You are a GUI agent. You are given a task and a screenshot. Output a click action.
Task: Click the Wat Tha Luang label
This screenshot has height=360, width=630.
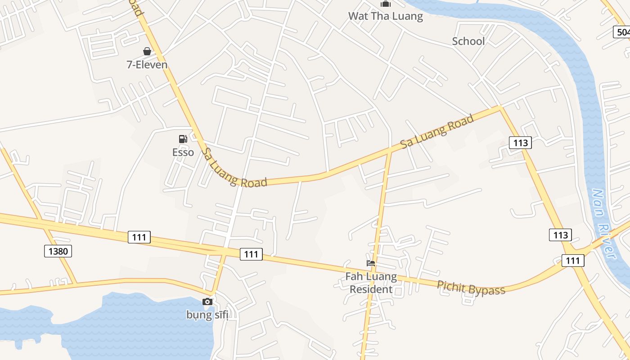coord(386,17)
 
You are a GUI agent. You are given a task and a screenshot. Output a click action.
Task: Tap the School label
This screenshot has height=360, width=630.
coord(468,41)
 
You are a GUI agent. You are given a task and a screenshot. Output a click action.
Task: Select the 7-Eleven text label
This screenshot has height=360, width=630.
coord(147,65)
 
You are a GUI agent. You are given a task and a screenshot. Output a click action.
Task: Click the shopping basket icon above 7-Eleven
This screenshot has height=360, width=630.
coord(147,51)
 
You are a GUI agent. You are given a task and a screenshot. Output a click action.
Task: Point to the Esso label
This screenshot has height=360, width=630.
coord(183,152)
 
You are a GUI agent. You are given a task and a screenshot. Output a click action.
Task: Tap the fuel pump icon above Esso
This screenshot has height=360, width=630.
coord(183,139)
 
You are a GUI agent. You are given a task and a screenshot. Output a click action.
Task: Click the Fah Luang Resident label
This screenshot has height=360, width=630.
coord(371,283)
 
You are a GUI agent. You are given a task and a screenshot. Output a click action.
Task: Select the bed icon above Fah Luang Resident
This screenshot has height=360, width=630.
coord(371,263)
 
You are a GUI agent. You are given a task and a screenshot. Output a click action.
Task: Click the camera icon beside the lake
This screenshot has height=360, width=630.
coord(207,301)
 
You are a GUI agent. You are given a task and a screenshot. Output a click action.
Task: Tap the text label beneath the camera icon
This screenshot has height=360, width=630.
coord(207,315)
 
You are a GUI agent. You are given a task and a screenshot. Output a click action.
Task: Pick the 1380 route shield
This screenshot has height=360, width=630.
coord(58,251)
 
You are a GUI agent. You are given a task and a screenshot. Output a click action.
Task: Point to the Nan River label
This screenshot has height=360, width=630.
coord(603,224)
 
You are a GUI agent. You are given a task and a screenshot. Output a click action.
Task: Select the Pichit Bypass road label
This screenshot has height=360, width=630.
coord(471,288)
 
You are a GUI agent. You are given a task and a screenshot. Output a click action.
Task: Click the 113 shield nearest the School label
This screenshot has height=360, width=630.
coord(521,143)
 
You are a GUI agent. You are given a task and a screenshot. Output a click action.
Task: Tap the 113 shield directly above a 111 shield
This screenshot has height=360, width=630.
coord(560,235)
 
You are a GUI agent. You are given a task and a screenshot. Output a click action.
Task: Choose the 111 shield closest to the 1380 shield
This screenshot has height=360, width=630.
coord(139,237)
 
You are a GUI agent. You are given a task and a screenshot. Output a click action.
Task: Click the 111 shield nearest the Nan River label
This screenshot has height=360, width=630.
coord(573,261)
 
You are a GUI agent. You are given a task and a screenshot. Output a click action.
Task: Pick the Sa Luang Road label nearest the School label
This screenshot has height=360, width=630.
coord(437,131)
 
